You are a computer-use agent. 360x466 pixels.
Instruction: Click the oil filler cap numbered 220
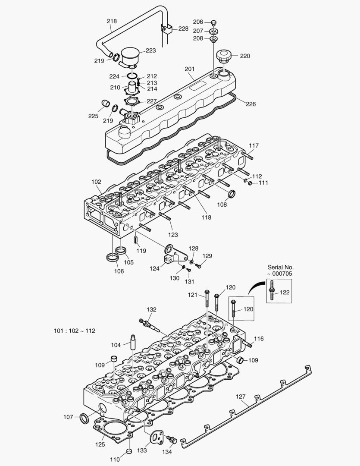[224, 55]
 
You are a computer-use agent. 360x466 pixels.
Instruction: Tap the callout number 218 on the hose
[111, 21]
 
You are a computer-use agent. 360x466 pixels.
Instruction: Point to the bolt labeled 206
[213, 22]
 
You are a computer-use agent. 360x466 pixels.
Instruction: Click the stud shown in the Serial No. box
[273, 289]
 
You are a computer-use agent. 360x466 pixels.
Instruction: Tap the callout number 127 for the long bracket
[241, 396]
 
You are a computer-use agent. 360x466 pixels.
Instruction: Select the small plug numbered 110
[128, 451]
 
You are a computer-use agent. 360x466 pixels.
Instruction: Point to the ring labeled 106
[112, 258]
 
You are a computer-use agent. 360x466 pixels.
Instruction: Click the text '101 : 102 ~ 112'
[75, 331]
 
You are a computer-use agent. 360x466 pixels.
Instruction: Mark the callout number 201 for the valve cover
[189, 69]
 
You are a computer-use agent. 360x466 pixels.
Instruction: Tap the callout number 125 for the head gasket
[100, 443]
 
